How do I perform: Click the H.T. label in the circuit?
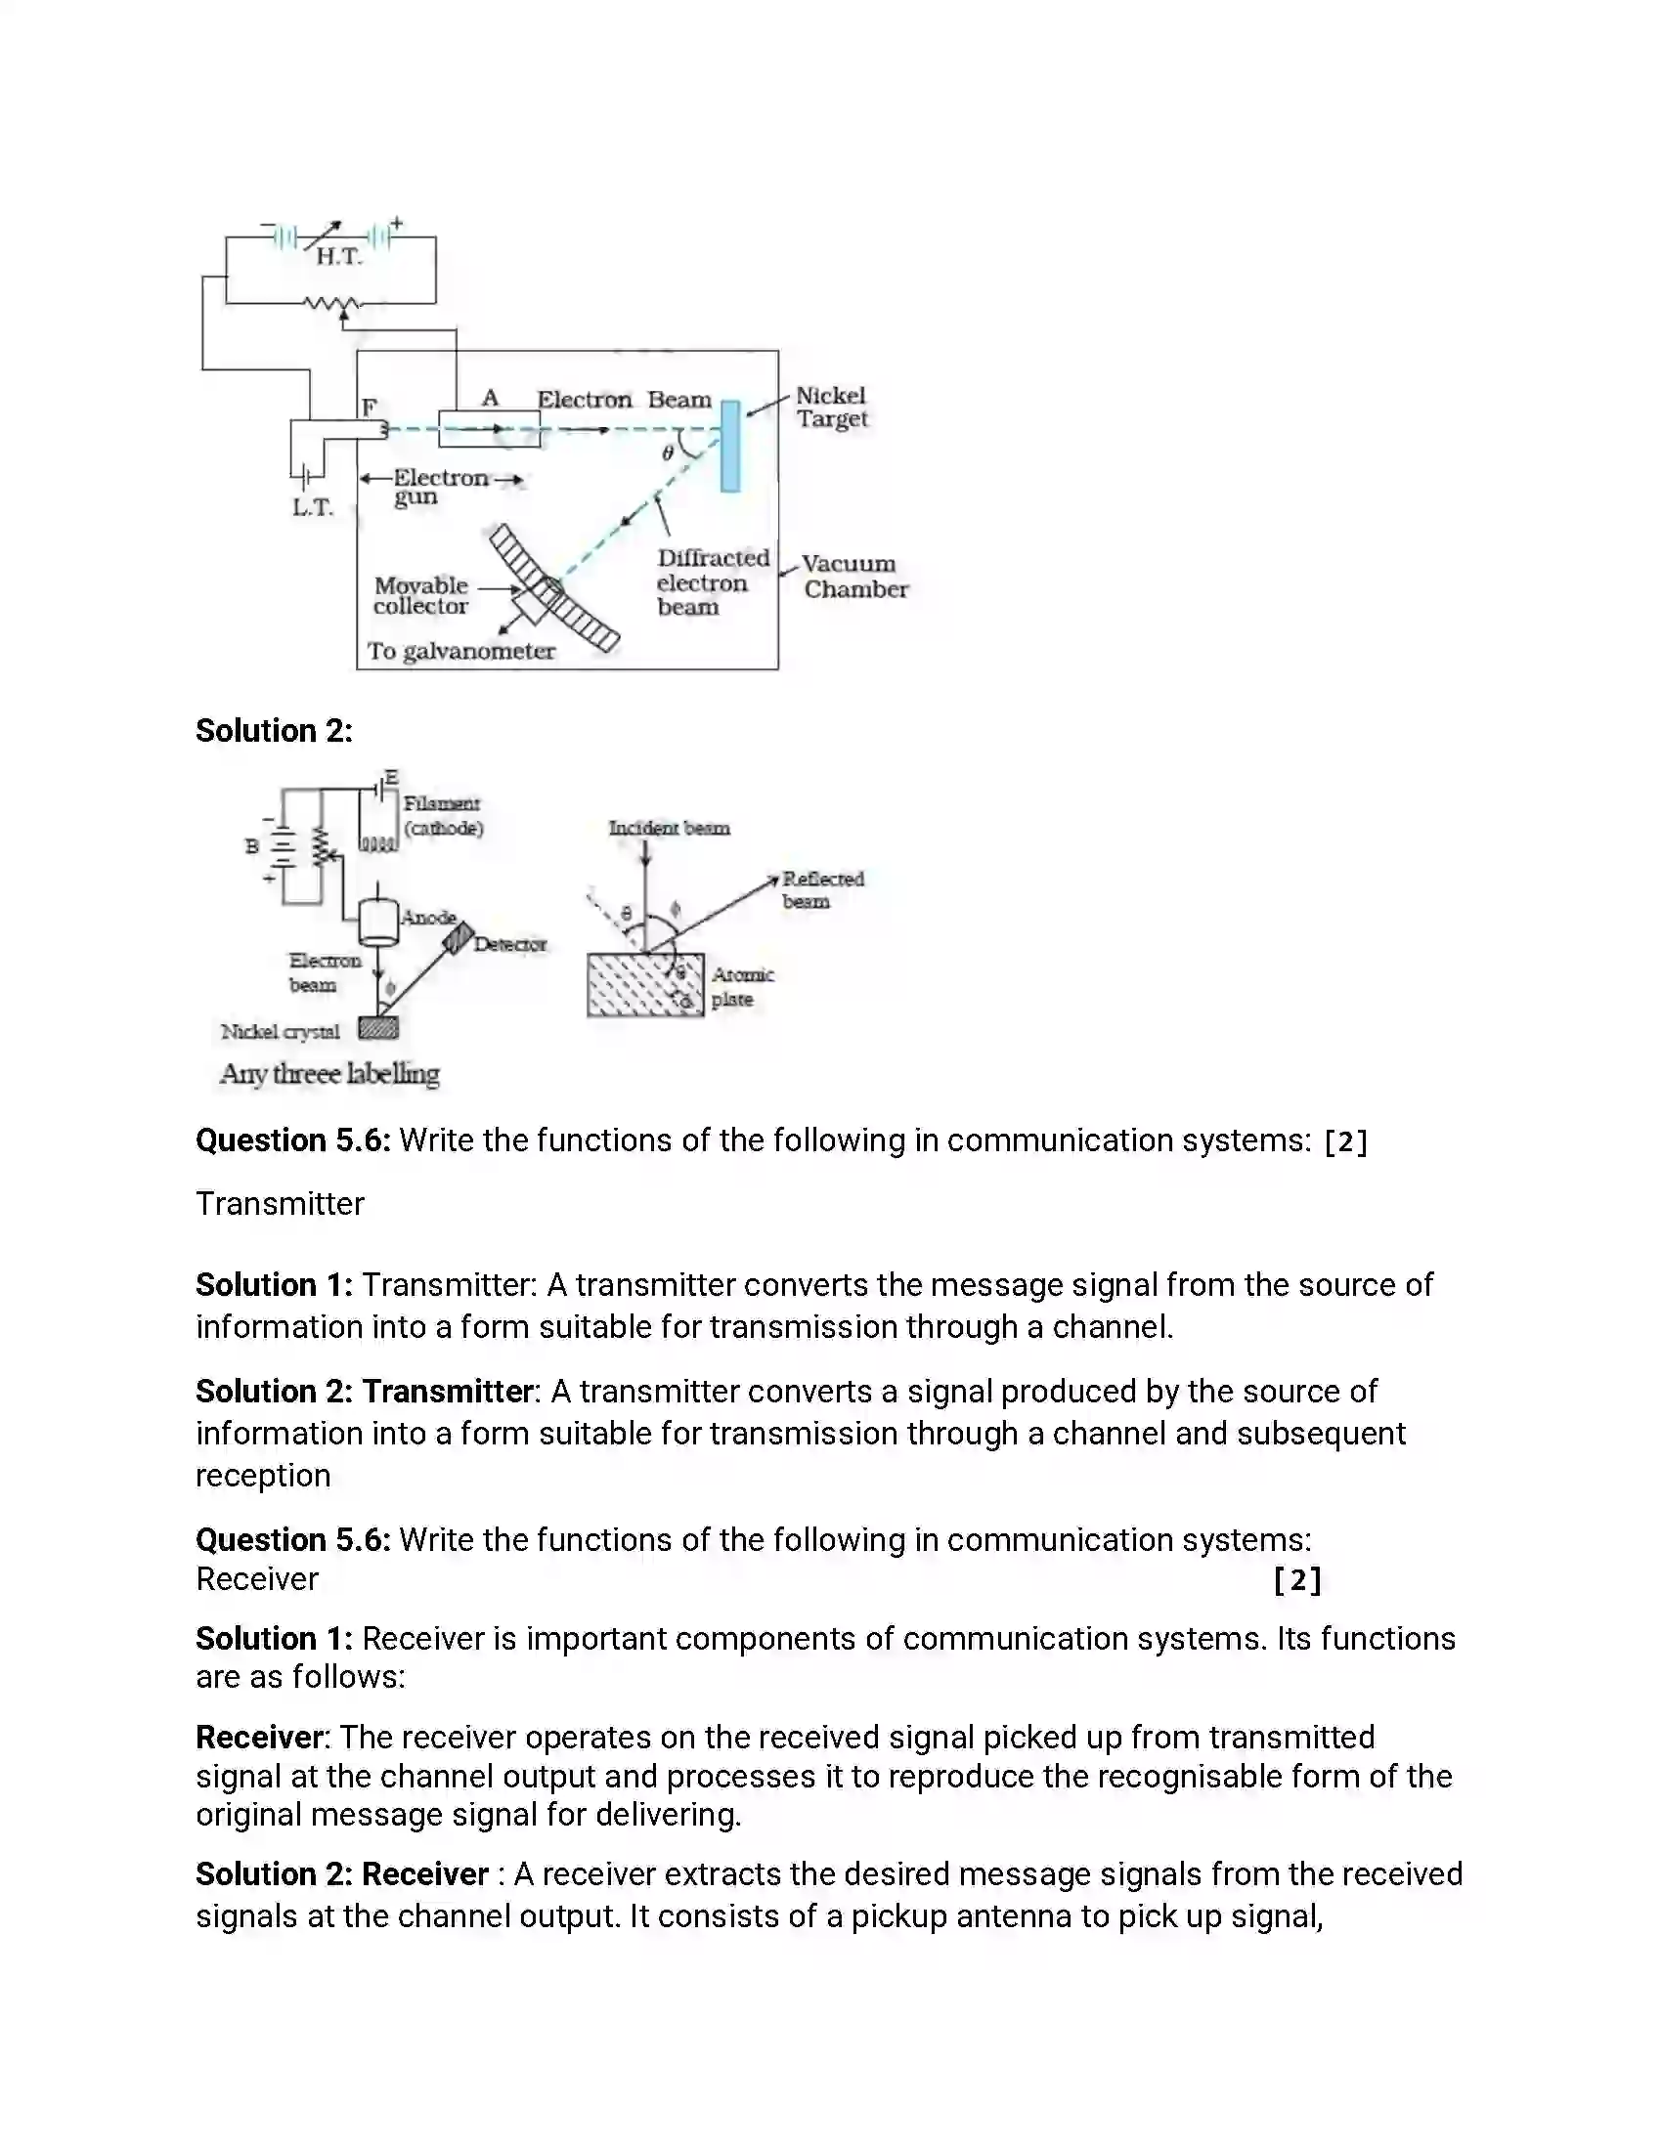point(338,257)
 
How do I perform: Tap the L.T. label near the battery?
point(312,508)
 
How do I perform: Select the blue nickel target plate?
point(729,445)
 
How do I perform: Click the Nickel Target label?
point(831,407)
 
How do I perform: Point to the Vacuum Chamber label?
point(853,577)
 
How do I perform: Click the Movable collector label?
point(420,595)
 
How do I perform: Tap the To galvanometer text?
point(460,651)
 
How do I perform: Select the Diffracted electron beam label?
point(712,582)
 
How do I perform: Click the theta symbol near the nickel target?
point(668,452)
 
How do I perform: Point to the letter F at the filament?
point(370,407)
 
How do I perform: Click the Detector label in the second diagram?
point(509,944)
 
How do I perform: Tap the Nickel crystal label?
point(281,1032)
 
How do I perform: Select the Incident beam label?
point(669,828)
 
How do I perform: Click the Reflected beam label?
point(821,889)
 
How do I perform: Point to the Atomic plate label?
point(741,986)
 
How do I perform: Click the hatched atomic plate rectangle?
point(644,985)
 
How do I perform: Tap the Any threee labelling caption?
point(329,1074)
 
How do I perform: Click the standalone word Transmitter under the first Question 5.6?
point(280,1204)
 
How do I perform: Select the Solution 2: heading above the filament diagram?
point(274,730)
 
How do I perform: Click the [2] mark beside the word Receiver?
point(1296,1580)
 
